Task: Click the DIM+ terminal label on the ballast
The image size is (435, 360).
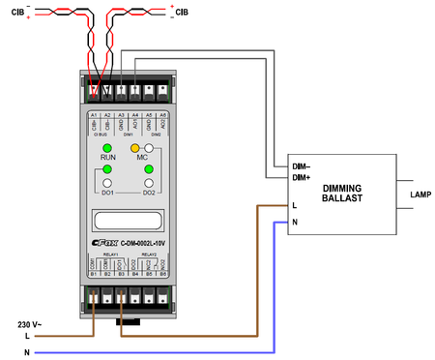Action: (301, 178)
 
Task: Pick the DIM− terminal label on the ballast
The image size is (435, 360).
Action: (301, 166)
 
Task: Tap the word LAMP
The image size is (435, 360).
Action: (420, 195)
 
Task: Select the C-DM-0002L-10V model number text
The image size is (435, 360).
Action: (144, 242)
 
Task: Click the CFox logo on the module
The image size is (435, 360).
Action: (102, 242)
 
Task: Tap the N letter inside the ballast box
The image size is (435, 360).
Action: (294, 222)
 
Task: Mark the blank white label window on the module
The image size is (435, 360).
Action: (129, 219)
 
